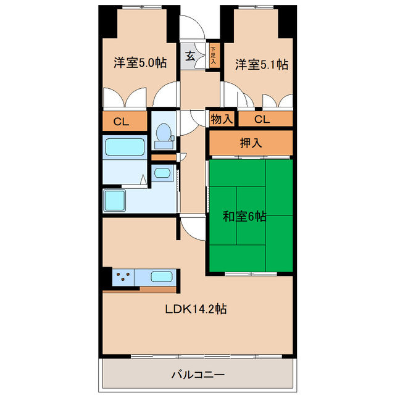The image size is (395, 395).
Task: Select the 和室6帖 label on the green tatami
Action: [244, 217]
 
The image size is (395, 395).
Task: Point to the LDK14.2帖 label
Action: [196, 309]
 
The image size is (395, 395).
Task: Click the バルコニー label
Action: [197, 374]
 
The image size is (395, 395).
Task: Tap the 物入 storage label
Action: [222, 119]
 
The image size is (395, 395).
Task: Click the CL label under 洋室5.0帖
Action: [121, 121]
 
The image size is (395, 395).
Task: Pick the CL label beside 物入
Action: [262, 119]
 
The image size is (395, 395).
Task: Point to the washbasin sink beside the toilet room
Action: [162, 173]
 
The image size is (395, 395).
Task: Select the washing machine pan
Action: [115, 201]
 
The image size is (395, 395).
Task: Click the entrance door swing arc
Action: [193, 28]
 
